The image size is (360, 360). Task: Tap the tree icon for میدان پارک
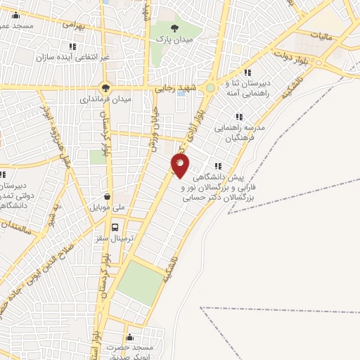(174, 27)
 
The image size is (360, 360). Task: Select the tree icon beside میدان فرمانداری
(105, 88)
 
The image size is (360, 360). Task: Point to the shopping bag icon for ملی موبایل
(107, 197)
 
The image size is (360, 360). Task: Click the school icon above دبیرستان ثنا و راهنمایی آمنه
(247, 72)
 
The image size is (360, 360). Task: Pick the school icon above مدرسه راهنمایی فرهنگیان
(239, 117)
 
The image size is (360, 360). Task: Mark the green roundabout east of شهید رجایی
(210, 88)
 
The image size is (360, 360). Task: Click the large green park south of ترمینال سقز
(139, 281)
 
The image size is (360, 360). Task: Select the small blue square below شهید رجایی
(181, 103)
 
